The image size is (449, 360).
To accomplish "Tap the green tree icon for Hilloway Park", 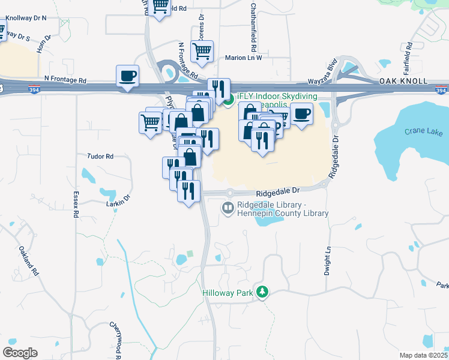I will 262,292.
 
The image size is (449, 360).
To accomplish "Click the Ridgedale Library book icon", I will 228,208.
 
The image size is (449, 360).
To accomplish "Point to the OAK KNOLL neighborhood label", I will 403,81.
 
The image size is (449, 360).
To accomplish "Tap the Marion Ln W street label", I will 243,58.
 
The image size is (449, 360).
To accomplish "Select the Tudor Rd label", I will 101,156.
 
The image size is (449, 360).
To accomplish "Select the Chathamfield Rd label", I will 254,26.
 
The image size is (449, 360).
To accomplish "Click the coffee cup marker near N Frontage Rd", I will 127,76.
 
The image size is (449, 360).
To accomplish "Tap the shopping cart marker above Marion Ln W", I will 202,50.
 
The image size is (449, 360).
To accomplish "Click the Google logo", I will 20,353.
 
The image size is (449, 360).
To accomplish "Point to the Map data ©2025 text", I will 424,355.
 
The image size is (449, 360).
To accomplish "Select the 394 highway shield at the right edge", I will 441,90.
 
